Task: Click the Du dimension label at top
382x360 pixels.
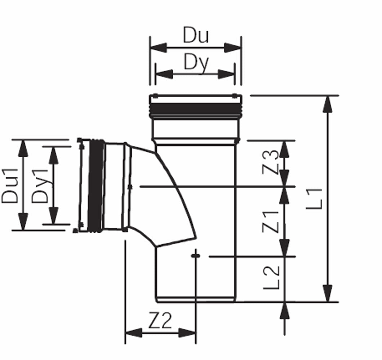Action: (196, 35)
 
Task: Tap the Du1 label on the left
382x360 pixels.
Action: (10, 186)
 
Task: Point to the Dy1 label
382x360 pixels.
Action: (40, 186)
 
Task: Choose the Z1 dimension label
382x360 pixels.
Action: (270, 222)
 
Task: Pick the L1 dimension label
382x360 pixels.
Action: (314, 199)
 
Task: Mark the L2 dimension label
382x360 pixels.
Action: (271, 278)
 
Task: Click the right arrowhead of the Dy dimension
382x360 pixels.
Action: (226, 74)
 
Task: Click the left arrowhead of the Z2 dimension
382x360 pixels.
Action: (134, 333)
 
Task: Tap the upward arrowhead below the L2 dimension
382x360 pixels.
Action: (285, 311)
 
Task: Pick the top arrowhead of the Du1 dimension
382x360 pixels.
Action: (23, 148)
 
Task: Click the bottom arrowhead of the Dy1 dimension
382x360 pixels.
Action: (54, 215)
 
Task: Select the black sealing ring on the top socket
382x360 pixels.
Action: (195, 108)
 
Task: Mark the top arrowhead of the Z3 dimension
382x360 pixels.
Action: (284, 149)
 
